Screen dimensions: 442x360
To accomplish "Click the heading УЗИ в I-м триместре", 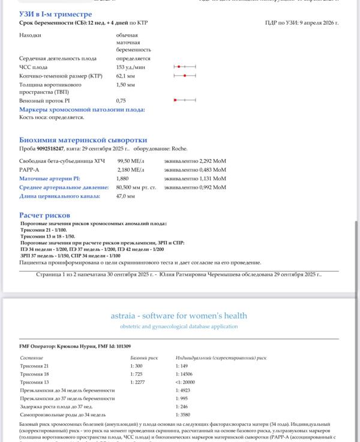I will coord(55,13).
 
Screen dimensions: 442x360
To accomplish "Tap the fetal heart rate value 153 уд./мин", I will coord(129,67).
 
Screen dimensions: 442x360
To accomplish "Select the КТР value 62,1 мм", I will coord(126,76).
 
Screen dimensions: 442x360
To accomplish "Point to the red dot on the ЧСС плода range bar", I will coord(179,67).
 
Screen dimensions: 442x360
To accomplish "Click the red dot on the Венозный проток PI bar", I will coord(175,100).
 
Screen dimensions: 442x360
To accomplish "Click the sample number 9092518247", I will coord(50,148).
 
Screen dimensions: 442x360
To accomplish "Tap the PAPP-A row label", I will coord(29,170).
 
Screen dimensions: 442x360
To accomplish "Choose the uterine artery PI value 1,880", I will coord(123,178).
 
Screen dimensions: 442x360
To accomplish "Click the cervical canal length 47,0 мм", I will coord(125,196).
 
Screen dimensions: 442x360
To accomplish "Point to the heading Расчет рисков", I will coord(44,215).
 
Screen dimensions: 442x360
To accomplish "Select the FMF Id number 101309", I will coord(123,347).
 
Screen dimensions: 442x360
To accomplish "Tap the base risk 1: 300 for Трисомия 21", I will coord(137,366).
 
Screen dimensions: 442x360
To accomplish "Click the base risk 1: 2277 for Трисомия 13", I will coord(139,382).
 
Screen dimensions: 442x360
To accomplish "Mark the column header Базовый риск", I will coord(143,357).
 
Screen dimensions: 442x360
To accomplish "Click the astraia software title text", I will coord(179,315).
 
